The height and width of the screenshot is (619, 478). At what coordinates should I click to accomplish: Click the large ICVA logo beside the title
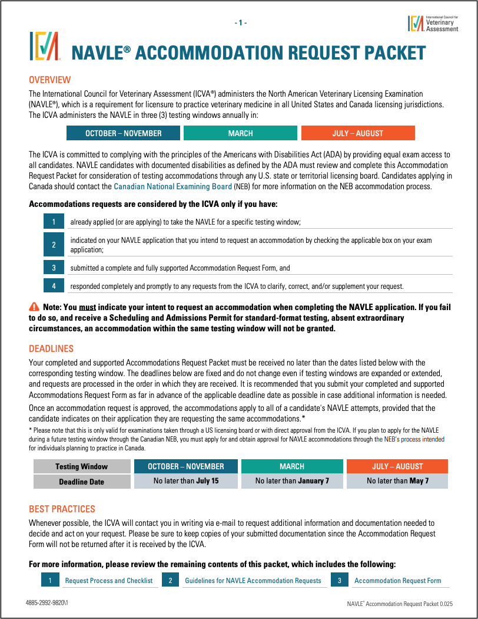[x=45, y=46]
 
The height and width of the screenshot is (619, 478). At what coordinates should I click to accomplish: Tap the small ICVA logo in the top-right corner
[x=416, y=22]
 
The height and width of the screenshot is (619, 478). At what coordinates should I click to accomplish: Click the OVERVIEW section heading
[x=50, y=80]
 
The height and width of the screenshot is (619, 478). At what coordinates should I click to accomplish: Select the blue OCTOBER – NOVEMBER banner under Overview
[x=123, y=133]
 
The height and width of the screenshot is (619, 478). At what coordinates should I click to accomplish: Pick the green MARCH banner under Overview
[x=240, y=133]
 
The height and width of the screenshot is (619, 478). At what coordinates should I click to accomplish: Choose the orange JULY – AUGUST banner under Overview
[x=357, y=133]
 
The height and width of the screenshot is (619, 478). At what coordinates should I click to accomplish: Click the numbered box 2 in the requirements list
[x=54, y=245]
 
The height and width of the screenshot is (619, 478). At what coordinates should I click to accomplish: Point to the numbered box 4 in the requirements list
[x=54, y=286]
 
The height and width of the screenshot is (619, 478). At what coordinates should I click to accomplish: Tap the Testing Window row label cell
[x=82, y=466]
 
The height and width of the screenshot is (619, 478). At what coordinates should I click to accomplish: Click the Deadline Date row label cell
[x=82, y=482]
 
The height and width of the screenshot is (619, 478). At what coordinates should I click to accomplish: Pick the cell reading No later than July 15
[x=186, y=481]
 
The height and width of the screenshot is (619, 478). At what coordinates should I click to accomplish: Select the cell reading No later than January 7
[x=292, y=481]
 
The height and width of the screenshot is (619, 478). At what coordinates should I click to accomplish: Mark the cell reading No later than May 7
[x=397, y=481]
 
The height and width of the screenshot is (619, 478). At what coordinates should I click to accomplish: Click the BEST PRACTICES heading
[x=62, y=509]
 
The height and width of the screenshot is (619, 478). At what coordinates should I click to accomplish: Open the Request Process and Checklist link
[x=109, y=581]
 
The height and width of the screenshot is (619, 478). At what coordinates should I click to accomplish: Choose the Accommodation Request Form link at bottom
[x=398, y=581]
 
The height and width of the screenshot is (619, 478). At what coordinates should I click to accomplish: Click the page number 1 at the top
[x=241, y=22]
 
